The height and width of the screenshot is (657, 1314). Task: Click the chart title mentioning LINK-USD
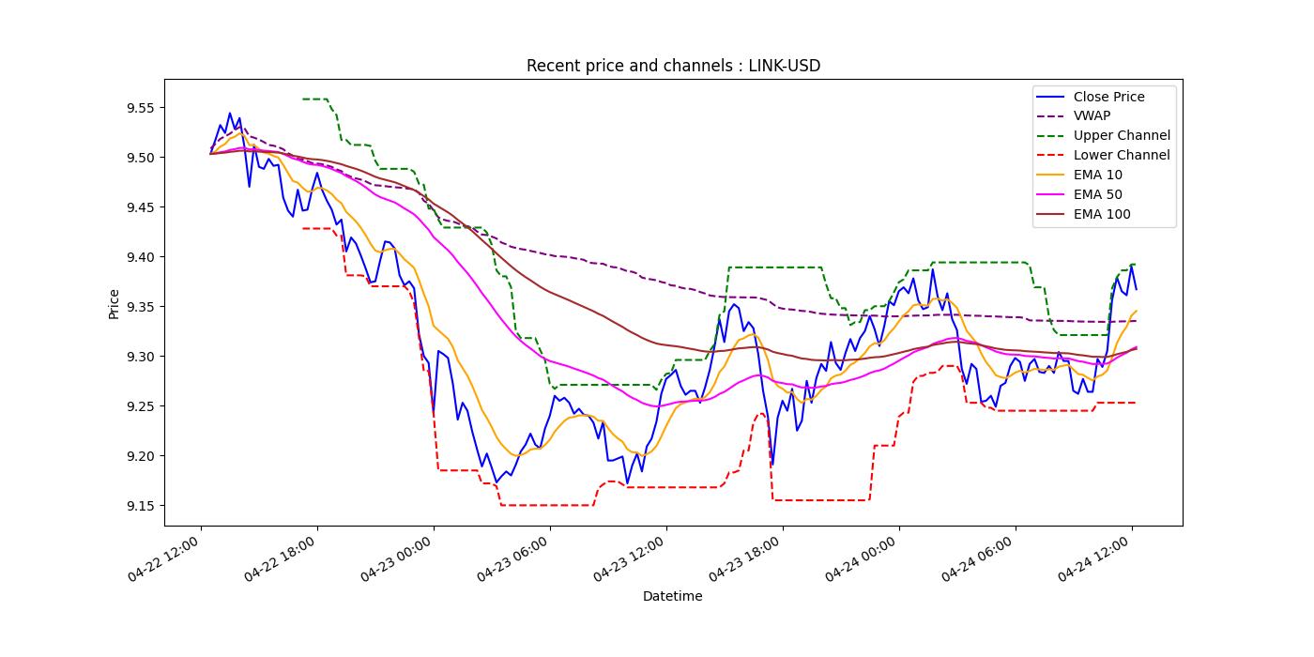click(x=673, y=66)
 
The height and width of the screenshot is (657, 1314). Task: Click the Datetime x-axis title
click(x=672, y=596)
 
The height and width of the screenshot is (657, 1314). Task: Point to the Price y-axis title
click(x=115, y=303)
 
